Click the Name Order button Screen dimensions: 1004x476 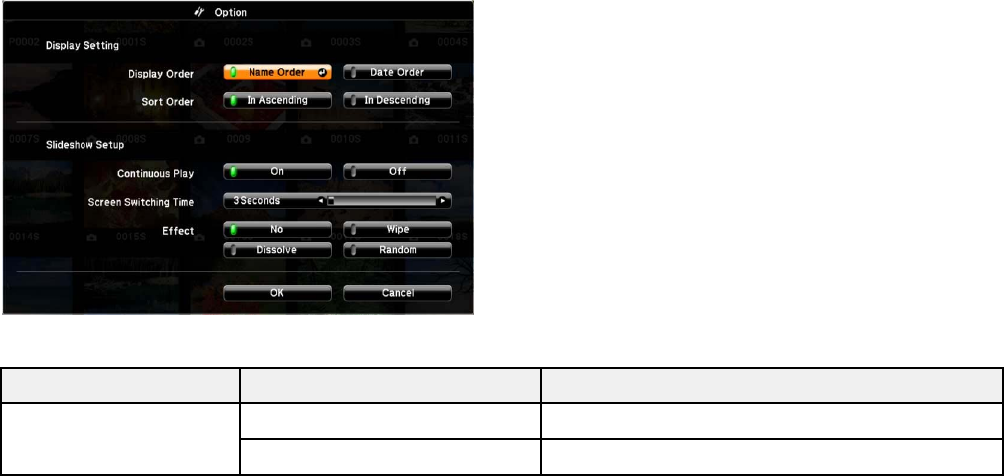276,73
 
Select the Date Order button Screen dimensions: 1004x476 398,73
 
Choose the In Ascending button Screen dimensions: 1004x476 276,100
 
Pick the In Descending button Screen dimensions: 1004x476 398,100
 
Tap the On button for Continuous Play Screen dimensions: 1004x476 276,171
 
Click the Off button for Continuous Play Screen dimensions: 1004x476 398,171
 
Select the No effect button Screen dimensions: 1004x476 276,229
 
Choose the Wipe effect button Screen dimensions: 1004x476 398,229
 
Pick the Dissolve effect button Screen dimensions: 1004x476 276,250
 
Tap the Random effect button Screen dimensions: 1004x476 398,250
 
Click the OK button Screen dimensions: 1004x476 276,293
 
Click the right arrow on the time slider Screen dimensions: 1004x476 443,201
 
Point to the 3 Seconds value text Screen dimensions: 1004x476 256,200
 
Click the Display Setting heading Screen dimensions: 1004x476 82,45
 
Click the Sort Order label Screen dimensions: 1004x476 167,101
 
